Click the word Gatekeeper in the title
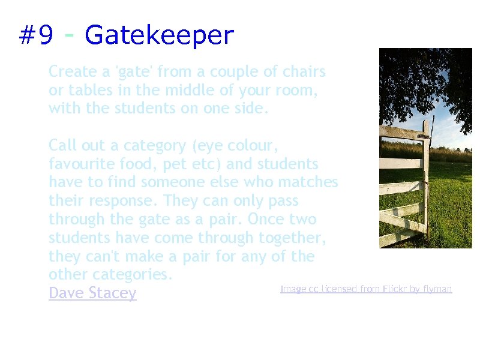tap(159, 36)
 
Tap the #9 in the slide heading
tap(36, 36)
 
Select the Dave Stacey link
tap(92, 293)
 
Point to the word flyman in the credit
tap(437, 289)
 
